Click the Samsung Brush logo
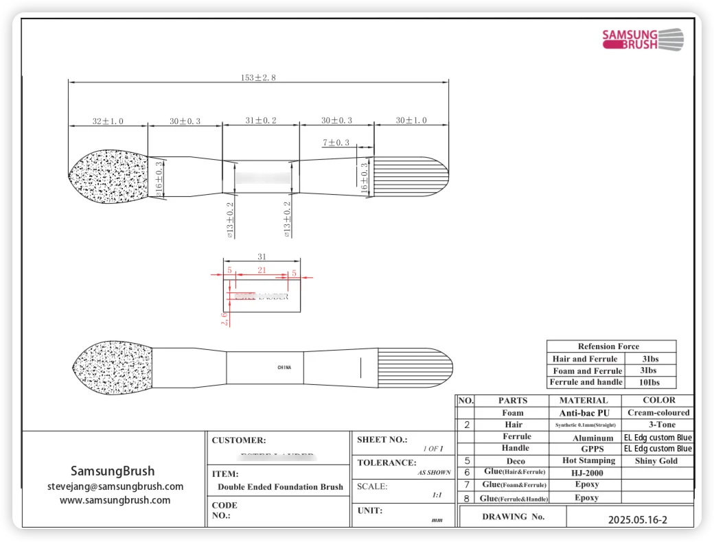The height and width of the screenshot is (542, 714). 642,38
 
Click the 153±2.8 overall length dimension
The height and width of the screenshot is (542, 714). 258,78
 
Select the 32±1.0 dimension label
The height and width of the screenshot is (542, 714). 108,121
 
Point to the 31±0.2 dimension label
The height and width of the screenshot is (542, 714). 261,121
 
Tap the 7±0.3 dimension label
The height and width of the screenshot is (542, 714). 336,143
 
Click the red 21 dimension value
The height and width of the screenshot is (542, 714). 262,271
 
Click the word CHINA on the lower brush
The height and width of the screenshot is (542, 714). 284,368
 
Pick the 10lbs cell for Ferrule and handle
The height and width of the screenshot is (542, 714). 649,382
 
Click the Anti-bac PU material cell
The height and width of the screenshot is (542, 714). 584,413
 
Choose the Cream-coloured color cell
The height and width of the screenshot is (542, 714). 658,413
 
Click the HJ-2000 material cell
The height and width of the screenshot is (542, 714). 585,473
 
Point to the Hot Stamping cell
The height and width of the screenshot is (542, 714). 588,461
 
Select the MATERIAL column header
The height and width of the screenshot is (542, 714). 584,400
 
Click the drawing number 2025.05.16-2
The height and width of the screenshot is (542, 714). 637,519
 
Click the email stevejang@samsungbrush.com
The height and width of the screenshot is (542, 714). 115,486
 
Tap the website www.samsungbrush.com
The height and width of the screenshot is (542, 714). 115,500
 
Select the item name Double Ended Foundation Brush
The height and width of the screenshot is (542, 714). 280,487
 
